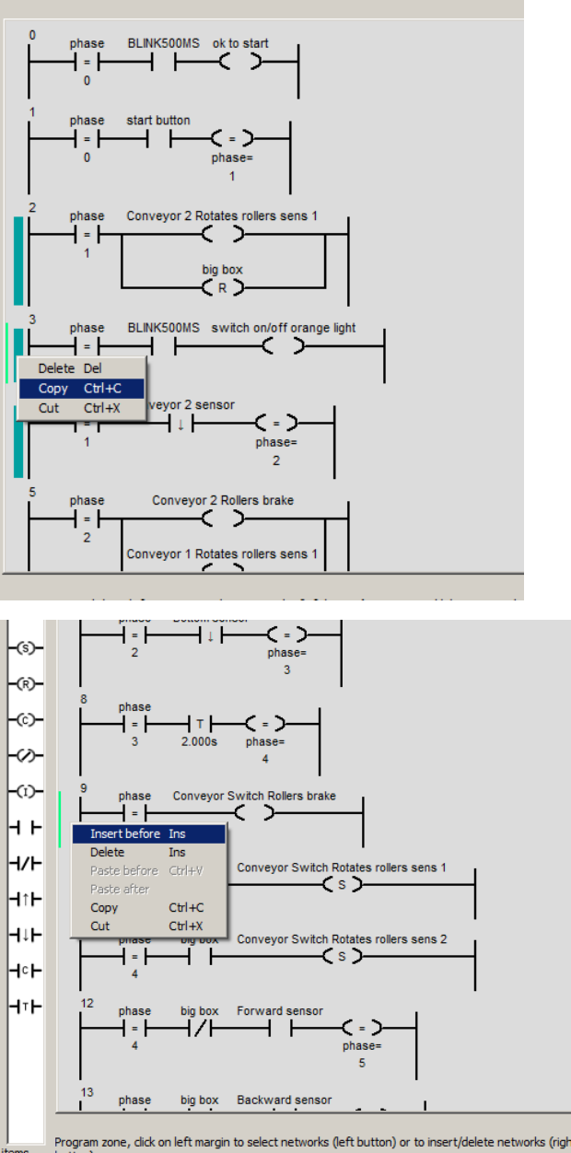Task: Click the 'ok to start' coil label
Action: pos(240,43)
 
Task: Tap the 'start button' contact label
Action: pos(158,121)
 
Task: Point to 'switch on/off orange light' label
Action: pos(284,328)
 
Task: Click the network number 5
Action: pos(32,493)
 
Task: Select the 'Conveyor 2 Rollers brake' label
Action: pos(223,501)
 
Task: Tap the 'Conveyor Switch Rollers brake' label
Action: pos(254,796)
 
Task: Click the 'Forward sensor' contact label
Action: pos(280,1011)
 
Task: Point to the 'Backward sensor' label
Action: pos(284,1100)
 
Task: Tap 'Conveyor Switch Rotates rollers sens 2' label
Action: pos(342,939)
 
